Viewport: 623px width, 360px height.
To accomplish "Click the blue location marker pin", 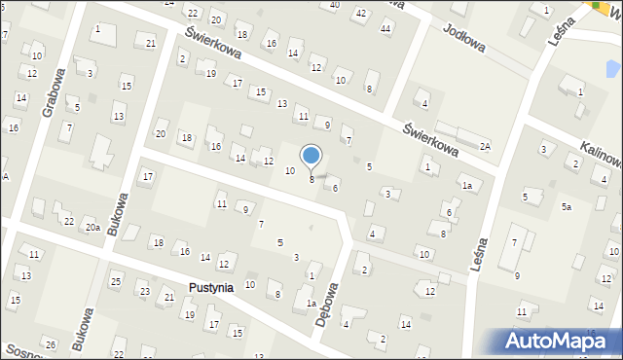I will click(311, 157).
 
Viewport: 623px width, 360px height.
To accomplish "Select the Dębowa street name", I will click(333, 310).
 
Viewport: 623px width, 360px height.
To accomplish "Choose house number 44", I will click(385, 27).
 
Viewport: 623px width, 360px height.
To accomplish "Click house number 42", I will click(360, 14).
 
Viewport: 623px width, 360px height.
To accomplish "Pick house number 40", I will click(335, 5).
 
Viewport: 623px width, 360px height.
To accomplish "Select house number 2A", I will click(485, 146).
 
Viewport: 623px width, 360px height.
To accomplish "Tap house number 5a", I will click(566, 207).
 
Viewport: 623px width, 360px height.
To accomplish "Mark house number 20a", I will click(92, 227).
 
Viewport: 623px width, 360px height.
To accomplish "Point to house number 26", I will click(50, 343).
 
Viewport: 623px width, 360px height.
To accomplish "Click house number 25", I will click(115, 281).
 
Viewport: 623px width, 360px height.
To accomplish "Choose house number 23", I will click(143, 291).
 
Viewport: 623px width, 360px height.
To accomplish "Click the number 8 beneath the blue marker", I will click(311, 179).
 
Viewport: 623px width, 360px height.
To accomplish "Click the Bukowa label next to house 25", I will click(86, 328).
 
